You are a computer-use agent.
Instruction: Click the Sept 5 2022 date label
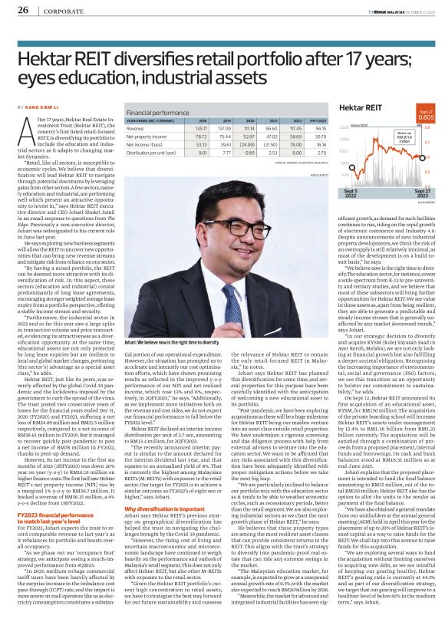[x=351, y=190]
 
